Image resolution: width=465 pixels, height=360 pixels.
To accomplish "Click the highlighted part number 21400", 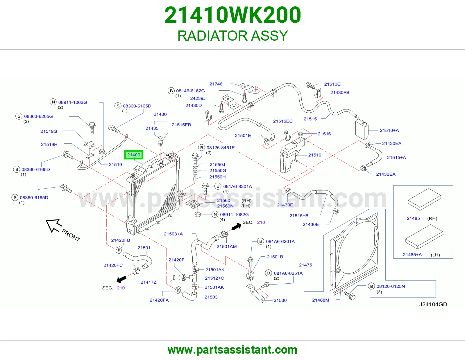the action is pyautogui.click(x=133, y=155).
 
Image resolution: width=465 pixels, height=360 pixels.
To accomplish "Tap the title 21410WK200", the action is pyautogui.click(x=233, y=15).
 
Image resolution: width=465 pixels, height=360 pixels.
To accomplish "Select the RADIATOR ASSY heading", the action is pyautogui.click(x=233, y=35).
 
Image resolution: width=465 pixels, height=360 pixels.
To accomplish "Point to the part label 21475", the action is pyautogui.click(x=305, y=265).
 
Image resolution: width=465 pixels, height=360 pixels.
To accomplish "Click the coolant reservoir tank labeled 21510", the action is pyautogui.click(x=291, y=155).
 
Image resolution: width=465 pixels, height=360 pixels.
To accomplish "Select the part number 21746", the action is pyautogui.click(x=216, y=84).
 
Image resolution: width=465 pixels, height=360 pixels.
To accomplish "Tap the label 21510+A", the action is pyautogui.click(x=389, y=130).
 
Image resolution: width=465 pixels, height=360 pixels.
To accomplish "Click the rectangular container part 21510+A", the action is pyautogui.click(x=362, y=129).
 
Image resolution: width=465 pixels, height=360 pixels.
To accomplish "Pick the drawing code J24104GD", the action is pyautogui.click(x=433, y=304).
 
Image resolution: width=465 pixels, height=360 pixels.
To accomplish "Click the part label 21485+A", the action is pyautogui.click(x=412, y=255).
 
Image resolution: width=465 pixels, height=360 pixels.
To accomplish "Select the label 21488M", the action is pyautogui.click(x=321, y=300).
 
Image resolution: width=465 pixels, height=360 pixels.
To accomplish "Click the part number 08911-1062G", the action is pyautogui.click(x=73, y=102).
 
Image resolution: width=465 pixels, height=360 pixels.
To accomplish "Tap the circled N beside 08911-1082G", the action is pyautogui.click(x=215, y=215).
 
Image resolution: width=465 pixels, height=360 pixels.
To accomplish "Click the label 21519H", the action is pyautogui.click(x=49, y=145).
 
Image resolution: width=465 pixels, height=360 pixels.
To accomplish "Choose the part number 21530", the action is pyautogui.click(x=280, y=300).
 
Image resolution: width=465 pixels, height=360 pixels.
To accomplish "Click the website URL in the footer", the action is pyautogui.click(x=233, y=350).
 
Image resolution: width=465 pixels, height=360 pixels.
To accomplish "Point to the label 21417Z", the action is pyautogui.click(x=148, y=282).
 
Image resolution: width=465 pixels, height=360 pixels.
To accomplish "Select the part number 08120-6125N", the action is pyautogui.click(x=391, y=286).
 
